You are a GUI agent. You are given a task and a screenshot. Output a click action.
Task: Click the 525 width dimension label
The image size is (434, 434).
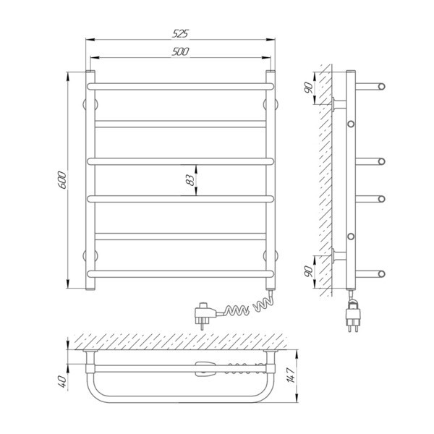coord(180,33)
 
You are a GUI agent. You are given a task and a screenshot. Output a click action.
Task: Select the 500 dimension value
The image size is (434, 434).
coord(180,51)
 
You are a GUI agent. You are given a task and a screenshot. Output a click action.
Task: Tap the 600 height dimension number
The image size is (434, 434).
coord(62,180)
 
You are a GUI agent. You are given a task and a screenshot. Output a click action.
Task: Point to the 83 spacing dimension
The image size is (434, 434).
coord(190,180)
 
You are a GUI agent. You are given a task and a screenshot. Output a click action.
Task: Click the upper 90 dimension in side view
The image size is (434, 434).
coord(308,88)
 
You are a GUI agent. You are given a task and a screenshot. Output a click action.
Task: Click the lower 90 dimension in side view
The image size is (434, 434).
coord(308,271)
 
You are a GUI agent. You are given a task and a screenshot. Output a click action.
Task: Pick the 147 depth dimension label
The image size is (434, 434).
coord(291,375)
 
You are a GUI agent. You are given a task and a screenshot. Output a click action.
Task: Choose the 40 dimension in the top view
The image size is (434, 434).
coord(62,381)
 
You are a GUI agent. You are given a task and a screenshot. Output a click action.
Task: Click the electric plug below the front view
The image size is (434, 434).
coord(205,315)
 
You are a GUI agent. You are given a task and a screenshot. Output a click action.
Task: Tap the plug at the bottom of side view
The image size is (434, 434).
coord(353,315)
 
